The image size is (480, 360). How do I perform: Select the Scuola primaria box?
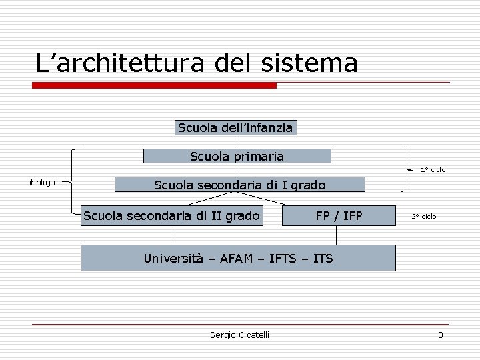click(237, 156)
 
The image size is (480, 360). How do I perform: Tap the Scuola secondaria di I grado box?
click(240, 184)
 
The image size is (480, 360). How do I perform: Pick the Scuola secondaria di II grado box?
click(171, 215)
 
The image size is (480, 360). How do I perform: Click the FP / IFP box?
click(339, 215)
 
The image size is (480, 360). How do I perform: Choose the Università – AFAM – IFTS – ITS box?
click(238, 258)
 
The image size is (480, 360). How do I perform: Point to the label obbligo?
click(41, 182)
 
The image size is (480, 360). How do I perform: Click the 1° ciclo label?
click(433, 169)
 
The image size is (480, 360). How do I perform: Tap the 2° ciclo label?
click(424, 216)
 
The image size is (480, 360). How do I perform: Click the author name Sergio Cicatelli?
click(239, 335)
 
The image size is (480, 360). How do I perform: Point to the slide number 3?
click(440, 335)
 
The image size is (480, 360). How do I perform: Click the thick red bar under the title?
click(155, 85)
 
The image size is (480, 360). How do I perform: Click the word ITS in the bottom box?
click(323, 258)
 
